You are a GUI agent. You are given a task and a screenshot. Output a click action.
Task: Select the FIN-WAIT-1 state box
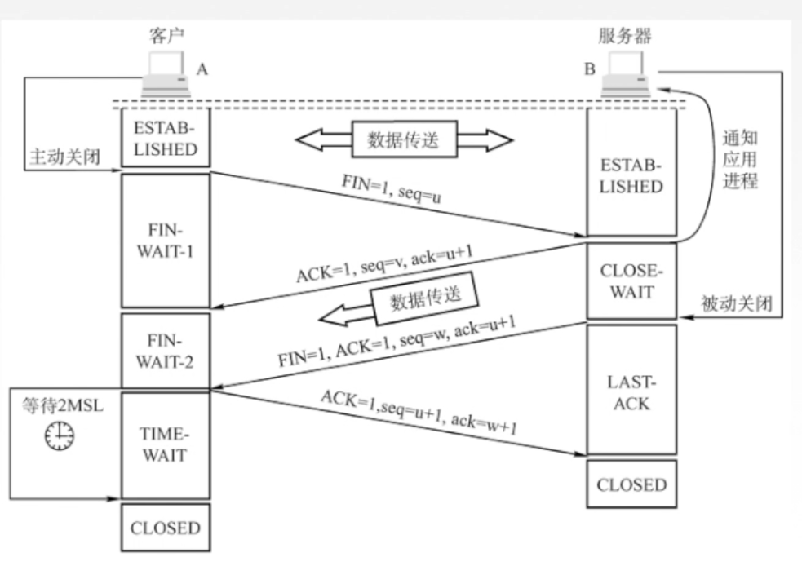(165, 241)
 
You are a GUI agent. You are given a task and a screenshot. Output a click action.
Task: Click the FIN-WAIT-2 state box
(165, 350)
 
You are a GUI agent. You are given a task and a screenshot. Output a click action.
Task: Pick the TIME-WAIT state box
(165, 445)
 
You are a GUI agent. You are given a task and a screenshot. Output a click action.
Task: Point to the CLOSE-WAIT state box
(631, 281)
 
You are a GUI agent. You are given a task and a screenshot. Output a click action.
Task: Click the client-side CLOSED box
(165, 528)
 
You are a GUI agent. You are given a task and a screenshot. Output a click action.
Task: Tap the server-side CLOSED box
(631, 484)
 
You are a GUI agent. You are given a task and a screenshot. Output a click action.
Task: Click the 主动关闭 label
(64, 157)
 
